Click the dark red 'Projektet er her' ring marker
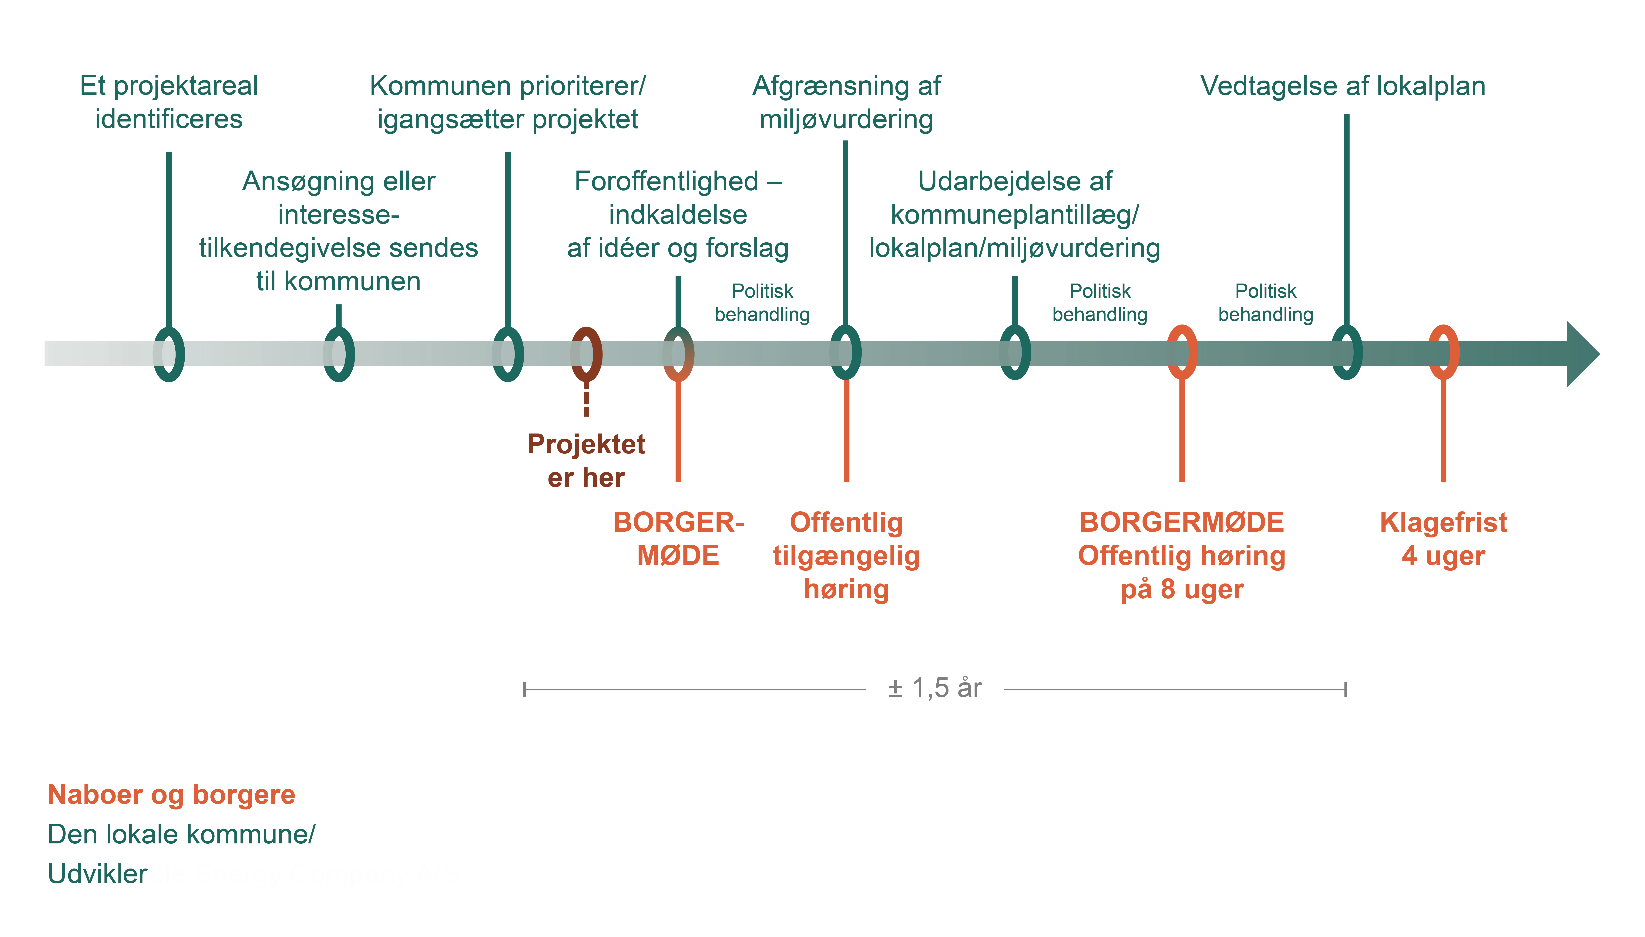[586, 354]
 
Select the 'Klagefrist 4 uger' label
[1443, 539]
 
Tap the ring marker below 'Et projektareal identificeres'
[169, 354]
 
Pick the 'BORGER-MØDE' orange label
[678, 539]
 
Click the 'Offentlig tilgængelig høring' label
[846, 555]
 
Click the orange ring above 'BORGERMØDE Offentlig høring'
[1182, 353]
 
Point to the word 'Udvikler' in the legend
[97, 874]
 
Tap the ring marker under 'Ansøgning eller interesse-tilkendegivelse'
[339, 354]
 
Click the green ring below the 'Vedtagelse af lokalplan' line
[1346, 353]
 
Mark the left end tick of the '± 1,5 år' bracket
[525, 689]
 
